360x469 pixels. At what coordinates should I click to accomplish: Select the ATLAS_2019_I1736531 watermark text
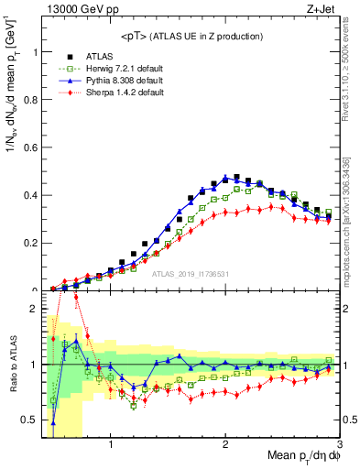click(190, 273)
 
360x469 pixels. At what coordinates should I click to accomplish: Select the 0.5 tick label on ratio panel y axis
click(30, 420)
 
